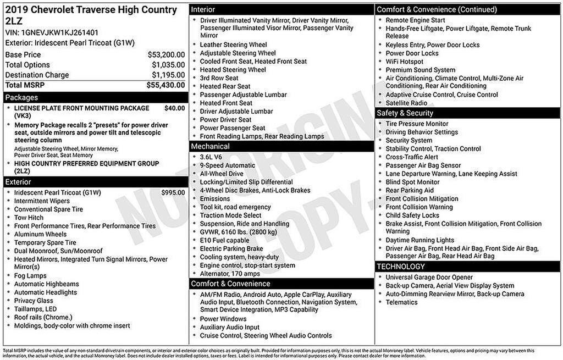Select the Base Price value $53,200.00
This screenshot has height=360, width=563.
(166, 55)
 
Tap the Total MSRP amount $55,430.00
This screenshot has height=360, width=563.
(165, 85)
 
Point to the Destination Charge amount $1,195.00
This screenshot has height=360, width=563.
(168, 75)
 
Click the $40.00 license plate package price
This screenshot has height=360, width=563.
(174, 108)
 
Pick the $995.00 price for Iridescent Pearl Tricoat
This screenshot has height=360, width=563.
(173, 193)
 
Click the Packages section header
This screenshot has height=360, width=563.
(22, 98)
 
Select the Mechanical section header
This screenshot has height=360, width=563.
(211, 147)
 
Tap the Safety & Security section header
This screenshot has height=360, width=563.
(405, 113)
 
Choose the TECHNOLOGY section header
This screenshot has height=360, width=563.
(401, 267)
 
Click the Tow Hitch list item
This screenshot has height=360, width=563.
(29, 218)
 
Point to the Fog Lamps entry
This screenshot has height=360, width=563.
(30, 276)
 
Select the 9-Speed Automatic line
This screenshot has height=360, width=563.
(228, 165)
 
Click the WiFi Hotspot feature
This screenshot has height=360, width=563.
(405, 62)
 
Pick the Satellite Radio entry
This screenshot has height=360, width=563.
(406, 103)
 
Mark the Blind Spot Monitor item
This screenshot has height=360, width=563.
(412, 182)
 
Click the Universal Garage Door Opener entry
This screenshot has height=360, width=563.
(429, 278)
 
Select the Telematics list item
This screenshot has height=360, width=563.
(401, 302)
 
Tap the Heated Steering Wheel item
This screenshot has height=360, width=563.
(233, 70)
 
